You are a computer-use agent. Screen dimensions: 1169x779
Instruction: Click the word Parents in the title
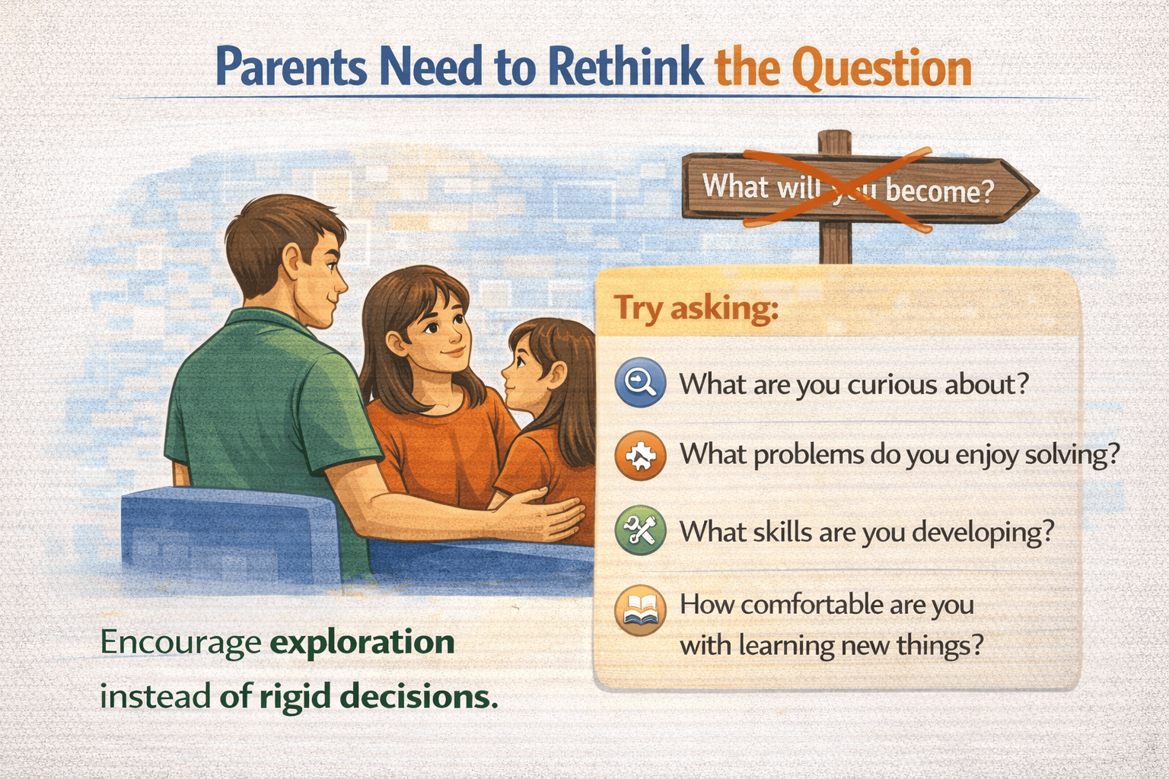tap(291, 67)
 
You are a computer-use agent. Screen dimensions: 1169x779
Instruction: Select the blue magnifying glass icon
tap(640, 383)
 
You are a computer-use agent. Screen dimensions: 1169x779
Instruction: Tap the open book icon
tap(640, 610)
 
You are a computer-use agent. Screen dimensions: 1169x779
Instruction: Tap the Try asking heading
tap(696, 308)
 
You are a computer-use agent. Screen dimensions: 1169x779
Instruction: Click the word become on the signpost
tap(939, 192)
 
